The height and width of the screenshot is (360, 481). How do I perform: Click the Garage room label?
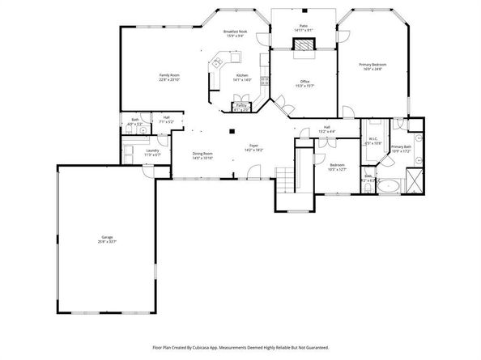click(108, 237)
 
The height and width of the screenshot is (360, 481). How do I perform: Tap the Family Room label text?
click(169, 75)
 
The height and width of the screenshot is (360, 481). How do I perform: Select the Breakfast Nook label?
click(235, 32)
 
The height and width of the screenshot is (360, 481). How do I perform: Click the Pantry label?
click(241, 106)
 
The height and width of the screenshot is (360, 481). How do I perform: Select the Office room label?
click(304, 81)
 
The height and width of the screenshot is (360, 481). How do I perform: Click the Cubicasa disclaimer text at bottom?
click(240, 346)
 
